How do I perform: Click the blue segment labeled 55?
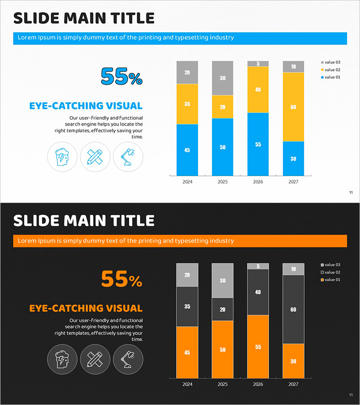click(258, 144)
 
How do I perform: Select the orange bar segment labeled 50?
click(222, 349)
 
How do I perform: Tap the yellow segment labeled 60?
click(293, 107)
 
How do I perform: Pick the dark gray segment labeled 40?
click(258, 292)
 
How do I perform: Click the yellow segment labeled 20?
click(222, 107)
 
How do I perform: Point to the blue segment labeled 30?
click(293, 158)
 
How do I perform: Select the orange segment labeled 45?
click(187, 352)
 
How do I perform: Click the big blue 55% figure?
click(121, 76)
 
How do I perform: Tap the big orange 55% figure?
click(121, 279)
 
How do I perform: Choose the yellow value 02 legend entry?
click(330, 70)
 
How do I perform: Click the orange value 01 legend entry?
click(330, 280)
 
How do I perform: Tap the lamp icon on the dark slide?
click(128, 359)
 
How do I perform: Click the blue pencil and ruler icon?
click(95, 157)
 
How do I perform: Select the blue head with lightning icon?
click(62, 157)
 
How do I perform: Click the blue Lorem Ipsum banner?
click(180, 38)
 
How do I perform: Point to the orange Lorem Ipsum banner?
click(180, 241)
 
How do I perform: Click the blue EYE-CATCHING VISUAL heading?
click(86, 106)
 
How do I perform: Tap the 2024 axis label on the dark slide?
click(187, 385)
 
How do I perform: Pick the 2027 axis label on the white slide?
click(293, 182)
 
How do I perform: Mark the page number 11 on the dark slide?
click(351, 395)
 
